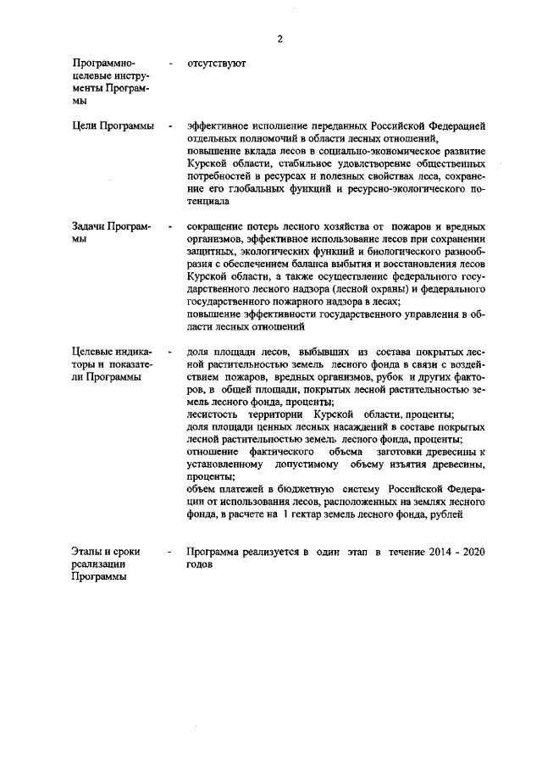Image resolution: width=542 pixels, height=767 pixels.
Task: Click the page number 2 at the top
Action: [x=279, y=38]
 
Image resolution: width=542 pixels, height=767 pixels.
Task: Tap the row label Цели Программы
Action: [x=113, y=126]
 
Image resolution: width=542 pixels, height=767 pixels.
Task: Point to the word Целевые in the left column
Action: [x=95, y=352]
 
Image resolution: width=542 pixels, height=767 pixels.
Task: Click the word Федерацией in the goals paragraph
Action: [x=456, y=126]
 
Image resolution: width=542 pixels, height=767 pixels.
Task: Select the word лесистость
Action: [x=212, y=414]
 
